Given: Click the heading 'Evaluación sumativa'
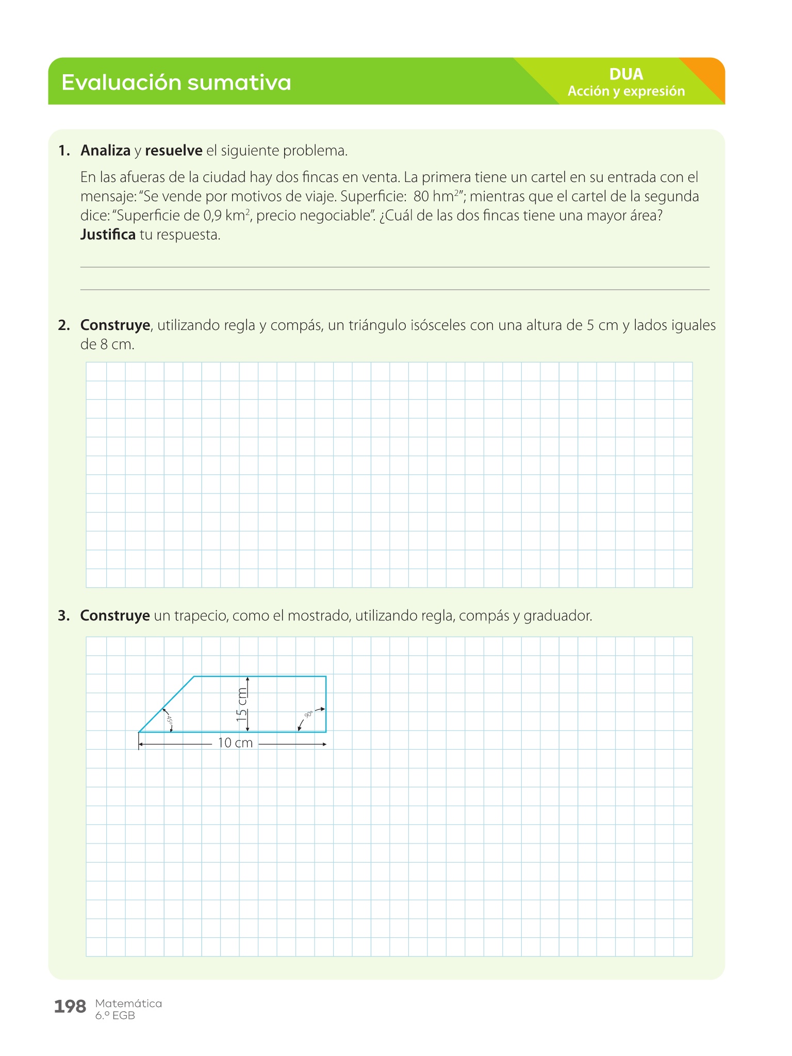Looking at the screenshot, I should click(176, 82).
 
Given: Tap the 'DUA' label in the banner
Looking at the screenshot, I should click(626, 74).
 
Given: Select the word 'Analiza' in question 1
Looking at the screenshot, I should click(105, 151).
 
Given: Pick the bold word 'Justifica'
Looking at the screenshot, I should click(108, 235).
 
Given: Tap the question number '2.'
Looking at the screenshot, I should click(64, 325).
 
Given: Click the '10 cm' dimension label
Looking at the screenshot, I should click(235, 743).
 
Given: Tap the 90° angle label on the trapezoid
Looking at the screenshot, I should click(308, 715).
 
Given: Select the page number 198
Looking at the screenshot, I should click(70, 1006).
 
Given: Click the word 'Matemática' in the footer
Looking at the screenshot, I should click(128, 1003).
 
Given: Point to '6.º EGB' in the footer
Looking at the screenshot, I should click(115, 1016).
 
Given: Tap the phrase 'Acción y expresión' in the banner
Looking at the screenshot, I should click(626, 91).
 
